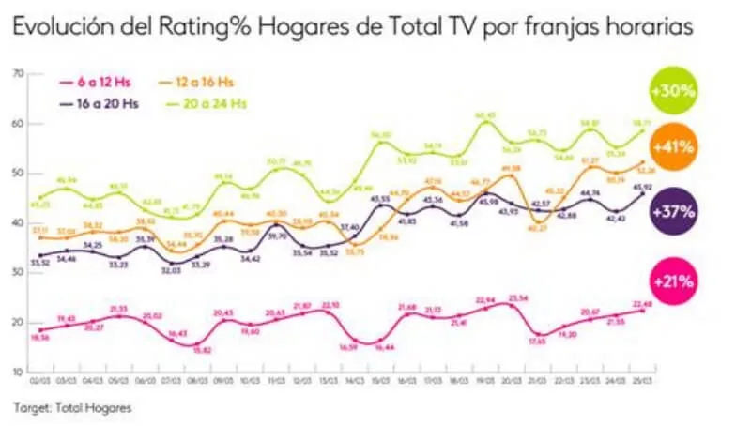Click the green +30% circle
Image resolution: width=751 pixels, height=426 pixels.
pos(672,92)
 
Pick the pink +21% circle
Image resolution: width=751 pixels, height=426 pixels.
pos(672,280)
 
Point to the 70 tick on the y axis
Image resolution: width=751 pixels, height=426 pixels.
pos(19,73)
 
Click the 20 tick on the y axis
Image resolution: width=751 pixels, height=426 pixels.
pos(19,322)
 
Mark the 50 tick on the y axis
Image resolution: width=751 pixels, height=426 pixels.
pos(19,173)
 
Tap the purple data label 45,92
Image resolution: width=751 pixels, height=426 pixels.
pos(642,187)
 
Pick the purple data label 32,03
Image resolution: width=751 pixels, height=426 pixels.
pos(169,268)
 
